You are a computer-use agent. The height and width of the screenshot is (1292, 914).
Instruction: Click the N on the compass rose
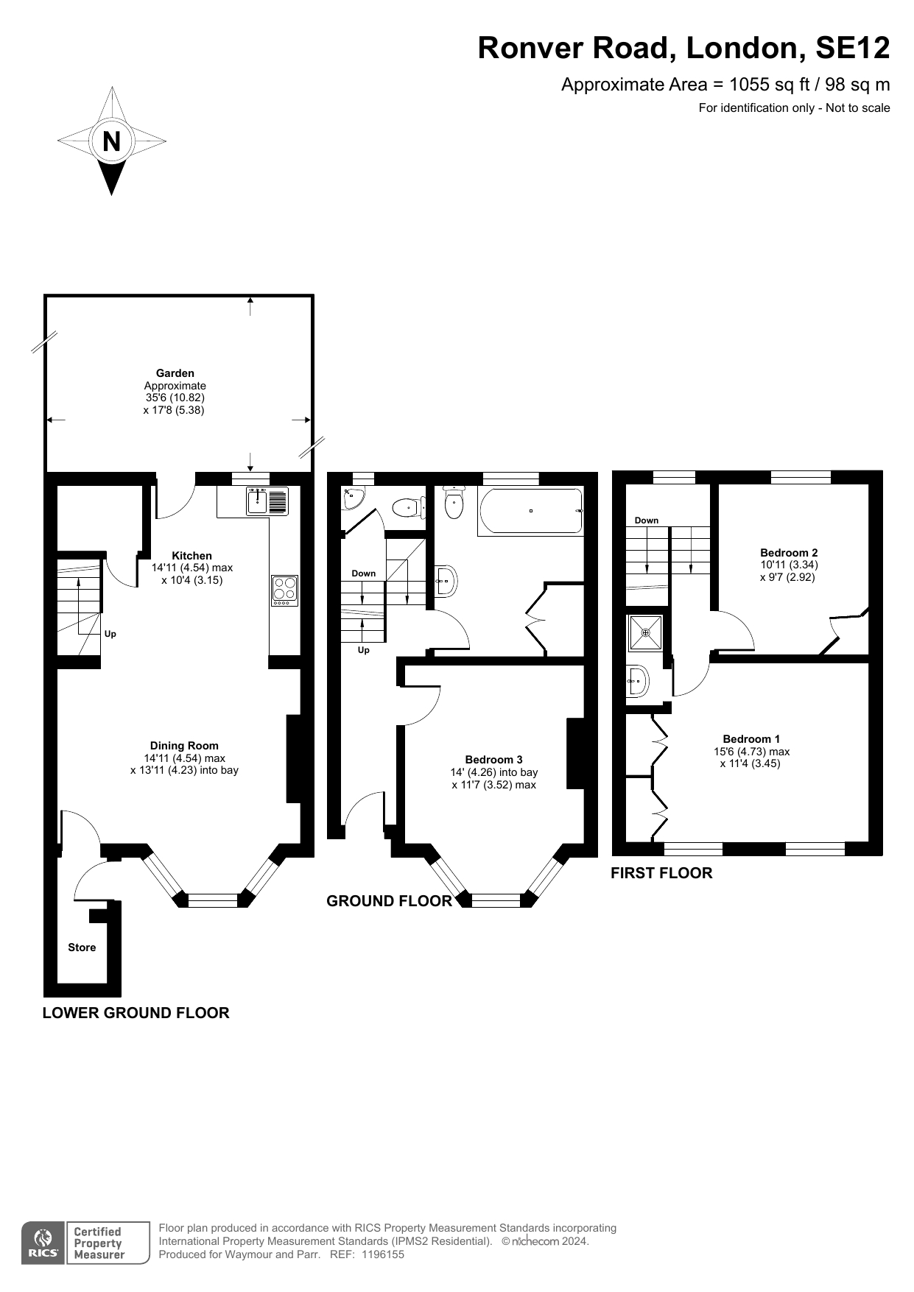[x=111, y=141]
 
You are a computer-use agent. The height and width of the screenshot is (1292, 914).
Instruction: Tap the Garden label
[x=175, y=373]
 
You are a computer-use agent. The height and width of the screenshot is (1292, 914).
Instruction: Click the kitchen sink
[x=267, y=501]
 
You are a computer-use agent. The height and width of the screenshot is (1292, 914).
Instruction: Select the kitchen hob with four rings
[x=285, y=590]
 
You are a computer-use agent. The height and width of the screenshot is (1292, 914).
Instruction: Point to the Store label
[x=82, y=947]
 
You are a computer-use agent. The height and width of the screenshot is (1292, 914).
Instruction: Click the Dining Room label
[x=184, y=746]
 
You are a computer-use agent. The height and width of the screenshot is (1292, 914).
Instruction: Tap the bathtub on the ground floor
[x=530, y=511]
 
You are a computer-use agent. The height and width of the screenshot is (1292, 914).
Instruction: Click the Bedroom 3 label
[x=494, y=760]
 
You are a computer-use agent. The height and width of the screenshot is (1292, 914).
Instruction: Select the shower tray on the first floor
[x=646, y=632]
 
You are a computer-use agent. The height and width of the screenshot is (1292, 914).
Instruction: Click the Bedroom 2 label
[x=789, y=553]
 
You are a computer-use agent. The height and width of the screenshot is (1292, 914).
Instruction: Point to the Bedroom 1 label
[x=751, y=739]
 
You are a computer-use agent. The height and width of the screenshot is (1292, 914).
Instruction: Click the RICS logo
[x=43, y=1243]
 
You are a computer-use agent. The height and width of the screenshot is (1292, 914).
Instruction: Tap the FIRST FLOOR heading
[x=661, y=873]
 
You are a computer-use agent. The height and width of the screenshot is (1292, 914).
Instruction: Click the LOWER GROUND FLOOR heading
[x=136, y=1013]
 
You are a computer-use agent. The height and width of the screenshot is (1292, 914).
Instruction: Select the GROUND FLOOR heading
[x=389, y=901]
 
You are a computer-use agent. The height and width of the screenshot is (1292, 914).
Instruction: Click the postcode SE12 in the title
[x=853, y=48]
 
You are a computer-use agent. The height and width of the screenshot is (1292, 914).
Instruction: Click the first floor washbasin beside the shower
[x=638, y=682]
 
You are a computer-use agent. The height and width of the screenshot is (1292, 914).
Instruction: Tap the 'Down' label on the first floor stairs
[x=647, y=520]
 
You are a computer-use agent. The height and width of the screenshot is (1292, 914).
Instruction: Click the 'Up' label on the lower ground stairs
[x=110, y=634]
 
